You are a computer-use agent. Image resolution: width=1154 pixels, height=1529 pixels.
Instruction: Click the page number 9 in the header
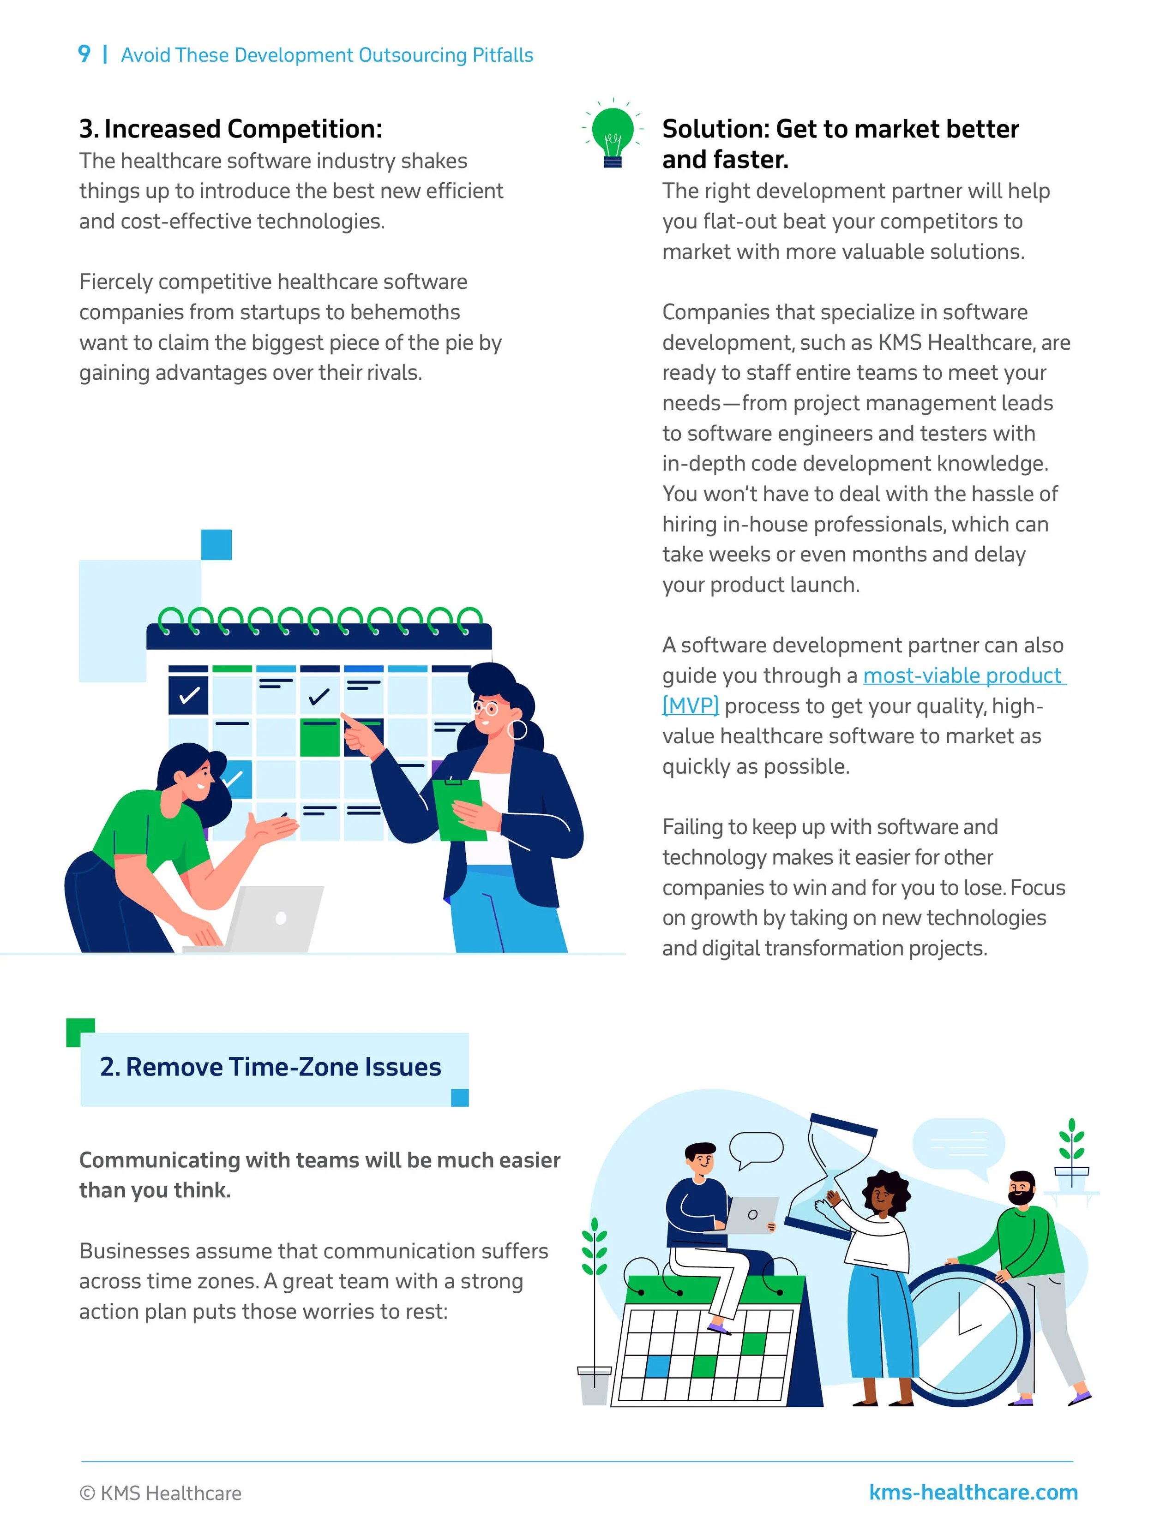[84, 54]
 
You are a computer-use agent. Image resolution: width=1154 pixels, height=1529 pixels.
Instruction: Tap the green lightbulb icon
[613, 135]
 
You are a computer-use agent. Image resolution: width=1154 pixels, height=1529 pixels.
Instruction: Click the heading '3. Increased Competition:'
[230, 129]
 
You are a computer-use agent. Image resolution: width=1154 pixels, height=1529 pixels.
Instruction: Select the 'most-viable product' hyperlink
[963, 675]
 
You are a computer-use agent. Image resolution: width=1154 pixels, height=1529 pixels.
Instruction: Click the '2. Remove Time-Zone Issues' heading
[270, 1067]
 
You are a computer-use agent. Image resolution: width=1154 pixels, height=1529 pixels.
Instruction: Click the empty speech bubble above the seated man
[757, 1149]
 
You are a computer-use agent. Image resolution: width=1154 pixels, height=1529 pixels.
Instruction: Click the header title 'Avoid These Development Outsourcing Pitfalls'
[327, 55]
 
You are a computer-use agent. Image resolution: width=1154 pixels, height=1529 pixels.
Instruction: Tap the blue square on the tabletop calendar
[658, 1366]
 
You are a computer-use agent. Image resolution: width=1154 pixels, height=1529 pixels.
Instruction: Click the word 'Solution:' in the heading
[715, 129]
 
